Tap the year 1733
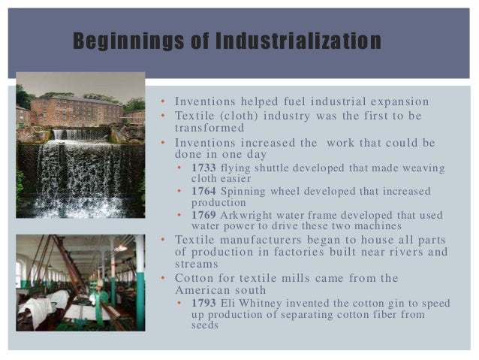203,168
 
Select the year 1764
203,191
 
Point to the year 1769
203,214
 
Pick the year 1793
203,303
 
